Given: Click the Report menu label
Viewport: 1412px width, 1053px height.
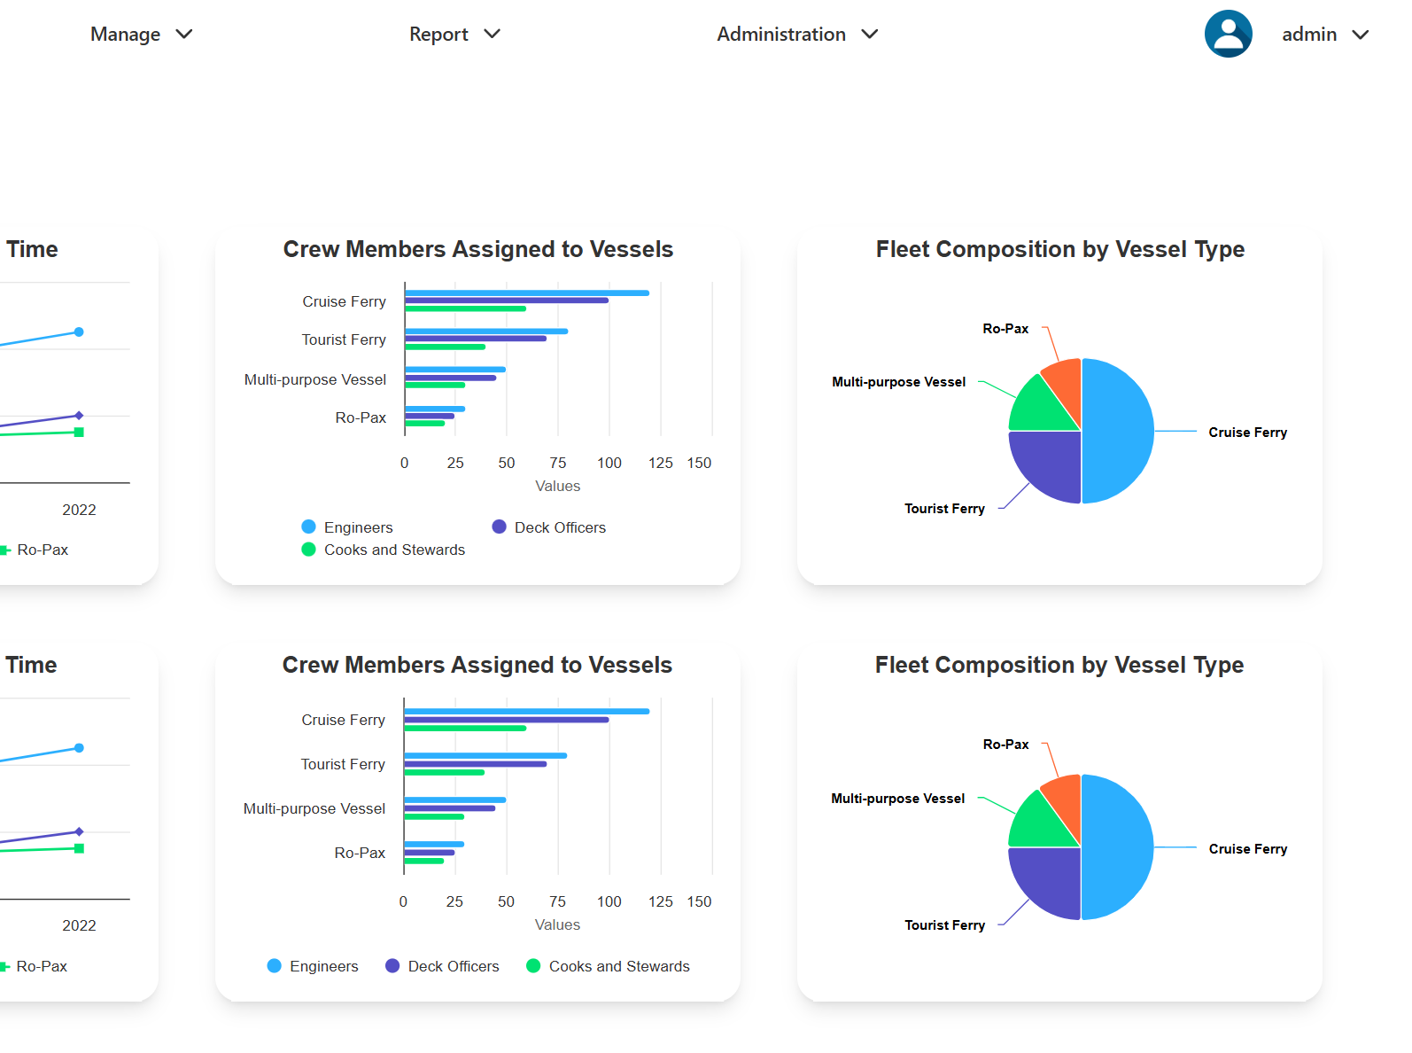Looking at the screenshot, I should [438, 35].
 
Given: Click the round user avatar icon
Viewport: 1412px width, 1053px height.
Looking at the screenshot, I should [1228, 35].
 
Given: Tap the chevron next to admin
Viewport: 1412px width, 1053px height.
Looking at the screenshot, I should [1361, 35].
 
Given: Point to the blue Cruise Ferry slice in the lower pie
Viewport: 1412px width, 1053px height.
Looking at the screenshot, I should [1118, 847].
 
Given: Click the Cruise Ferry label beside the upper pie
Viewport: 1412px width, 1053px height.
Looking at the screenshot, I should [1247, 433].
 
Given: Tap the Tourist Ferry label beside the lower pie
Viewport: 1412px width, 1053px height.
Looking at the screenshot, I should [944, 925].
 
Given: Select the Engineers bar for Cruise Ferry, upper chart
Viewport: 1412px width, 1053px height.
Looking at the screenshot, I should [526, 293].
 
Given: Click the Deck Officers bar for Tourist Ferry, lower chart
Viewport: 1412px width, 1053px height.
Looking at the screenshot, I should [475, 764].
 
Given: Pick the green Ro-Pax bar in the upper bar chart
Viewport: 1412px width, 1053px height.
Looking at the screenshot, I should [424, 424].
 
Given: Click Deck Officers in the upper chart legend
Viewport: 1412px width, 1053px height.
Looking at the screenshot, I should [559, 527].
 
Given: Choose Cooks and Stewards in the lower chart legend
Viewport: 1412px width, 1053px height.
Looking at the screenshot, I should [618, 966].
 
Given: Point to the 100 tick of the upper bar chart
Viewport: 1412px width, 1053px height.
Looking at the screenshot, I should [609, 463].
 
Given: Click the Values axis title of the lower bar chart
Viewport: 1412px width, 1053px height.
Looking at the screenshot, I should [557, 924].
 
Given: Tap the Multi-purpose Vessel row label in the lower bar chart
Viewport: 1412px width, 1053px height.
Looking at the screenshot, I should [314, 808].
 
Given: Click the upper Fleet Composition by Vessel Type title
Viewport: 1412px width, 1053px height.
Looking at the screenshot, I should [1059, 250].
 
